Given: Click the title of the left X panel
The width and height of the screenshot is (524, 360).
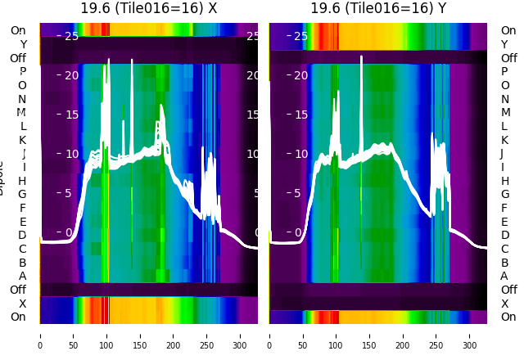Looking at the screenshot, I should pyautogui.click(x=149, y=8).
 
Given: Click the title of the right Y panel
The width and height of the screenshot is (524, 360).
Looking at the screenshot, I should pyautogui.click(x=378, y=8).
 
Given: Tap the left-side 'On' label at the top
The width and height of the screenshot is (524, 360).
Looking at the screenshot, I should pyautogui.click(x=18, y=30).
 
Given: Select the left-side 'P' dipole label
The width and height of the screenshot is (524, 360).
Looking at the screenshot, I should pyautogui.click(x=23, y=72).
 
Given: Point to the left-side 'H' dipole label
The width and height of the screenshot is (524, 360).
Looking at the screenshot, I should pyautogui.click(x=22, y=181).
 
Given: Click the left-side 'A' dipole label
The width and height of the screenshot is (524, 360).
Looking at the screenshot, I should pyautogui.click(x=23, y=276).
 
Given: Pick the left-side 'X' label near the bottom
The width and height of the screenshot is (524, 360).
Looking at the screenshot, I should pyautogui.click(x=23, y=304).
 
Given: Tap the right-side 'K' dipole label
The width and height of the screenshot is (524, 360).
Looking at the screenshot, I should pyautogui.click(x=504, y=140).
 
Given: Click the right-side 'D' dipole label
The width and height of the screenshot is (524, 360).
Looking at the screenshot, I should pyautogui.click(x=504, y=236).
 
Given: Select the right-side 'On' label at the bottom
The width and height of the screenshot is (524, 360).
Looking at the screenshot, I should pyautogui.click(x=508, y=317).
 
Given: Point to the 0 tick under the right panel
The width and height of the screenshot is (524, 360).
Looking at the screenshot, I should pyautogui.click(x=269, y=335).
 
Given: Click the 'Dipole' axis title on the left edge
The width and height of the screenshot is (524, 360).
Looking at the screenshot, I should pyautogui.click(x=2, y=180).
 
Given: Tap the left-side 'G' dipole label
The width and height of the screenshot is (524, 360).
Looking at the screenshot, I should pyautogui.click(x=22, y=194).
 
